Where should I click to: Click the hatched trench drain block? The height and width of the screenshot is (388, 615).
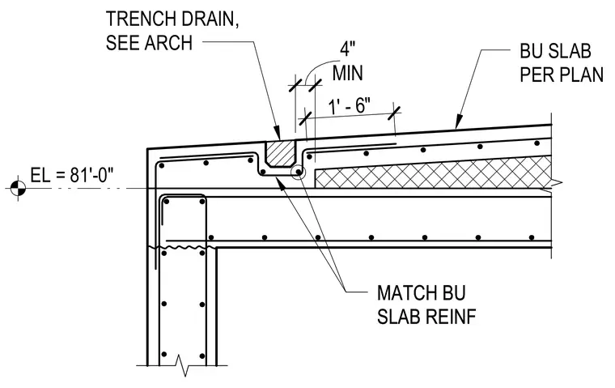coord(280,153)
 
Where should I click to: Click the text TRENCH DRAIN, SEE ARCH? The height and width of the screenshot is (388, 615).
coord(172,31)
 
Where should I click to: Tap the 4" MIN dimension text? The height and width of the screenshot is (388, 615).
coord(347,62)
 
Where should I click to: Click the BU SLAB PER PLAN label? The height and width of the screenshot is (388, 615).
coord(562,62)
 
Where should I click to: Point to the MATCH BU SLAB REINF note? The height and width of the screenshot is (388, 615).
coord(426,305)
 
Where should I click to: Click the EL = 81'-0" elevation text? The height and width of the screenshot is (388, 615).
coord(72,175)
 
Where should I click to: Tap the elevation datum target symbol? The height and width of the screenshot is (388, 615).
coord(17,189)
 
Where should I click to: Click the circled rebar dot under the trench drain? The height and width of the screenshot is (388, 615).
coord(298,172)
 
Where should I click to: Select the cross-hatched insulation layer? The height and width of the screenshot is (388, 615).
coord(434,172)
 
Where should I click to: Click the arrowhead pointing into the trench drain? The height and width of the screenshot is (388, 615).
coord(277,133)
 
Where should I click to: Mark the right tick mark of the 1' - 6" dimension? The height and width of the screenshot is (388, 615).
coord(395,113)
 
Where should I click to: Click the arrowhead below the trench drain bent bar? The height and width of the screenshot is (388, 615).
coord(281,181)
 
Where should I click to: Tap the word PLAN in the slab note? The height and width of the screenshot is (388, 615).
coord(582,75)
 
